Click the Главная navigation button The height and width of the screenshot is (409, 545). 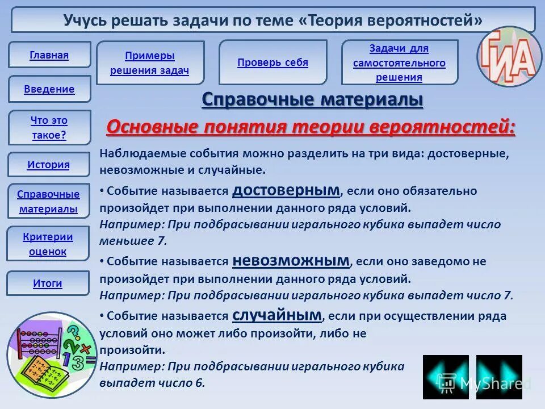coord(49,55)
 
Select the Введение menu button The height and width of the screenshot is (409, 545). coord(49,89)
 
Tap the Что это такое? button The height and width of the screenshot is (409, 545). coord(49,128)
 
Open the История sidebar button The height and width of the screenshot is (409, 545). coord(49,165)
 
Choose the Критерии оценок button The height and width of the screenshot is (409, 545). coord(48,244)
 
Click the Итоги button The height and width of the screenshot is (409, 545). coord(48,283)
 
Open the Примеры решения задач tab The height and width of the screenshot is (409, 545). coord(150,63)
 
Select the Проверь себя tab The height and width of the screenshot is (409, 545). coord(272,62)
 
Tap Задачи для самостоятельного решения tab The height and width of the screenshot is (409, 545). coord(399,62)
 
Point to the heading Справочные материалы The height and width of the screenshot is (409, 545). coord(312,100)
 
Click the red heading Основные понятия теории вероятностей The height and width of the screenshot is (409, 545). coord(311,127)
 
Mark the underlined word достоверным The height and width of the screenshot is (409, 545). coord(286,190)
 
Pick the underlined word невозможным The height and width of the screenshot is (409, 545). coord(291,261)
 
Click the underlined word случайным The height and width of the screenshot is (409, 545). coord(277,315)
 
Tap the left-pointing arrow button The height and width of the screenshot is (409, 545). coord(446,377)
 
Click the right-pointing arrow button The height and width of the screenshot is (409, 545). coord(499,377)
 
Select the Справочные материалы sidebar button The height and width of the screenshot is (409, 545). coord(48,202)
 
